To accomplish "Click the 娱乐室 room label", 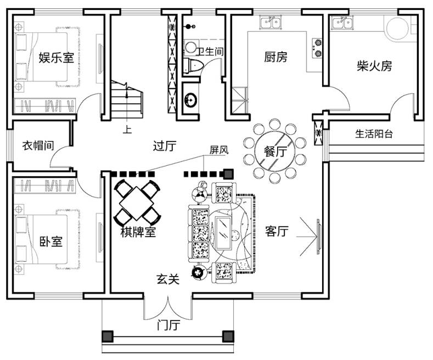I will coord(56,58).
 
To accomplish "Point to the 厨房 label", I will coord(275,57).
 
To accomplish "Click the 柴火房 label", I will coord(374,66).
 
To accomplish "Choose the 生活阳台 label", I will coord(374,133).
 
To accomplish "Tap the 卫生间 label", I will coord(210,52).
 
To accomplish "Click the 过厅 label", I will coord(164,146).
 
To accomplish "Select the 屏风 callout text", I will coord(218,149).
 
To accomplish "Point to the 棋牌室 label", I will coord(138,233).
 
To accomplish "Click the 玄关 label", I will coord(168,279).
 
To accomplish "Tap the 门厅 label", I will coord(168,325).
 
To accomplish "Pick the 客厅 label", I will coord(277,232).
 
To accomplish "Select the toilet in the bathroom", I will coord(193,65).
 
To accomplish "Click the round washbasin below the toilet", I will coord(190,100).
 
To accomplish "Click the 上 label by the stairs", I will coord(127,131).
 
